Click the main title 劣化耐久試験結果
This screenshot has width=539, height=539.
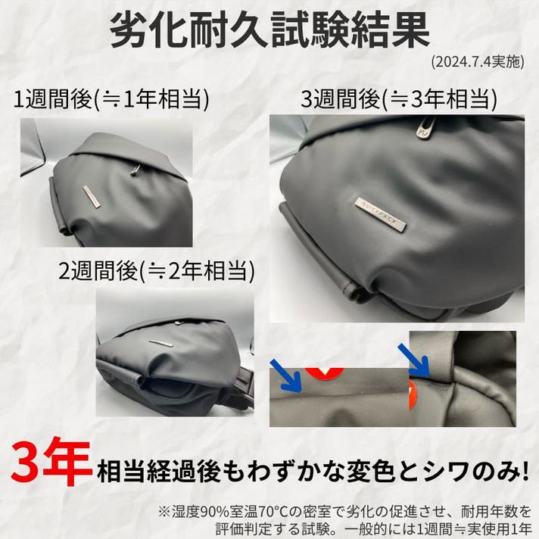coord(269,30)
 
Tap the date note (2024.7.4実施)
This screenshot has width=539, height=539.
coord(478,62)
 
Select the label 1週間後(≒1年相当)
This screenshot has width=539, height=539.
coord(111,99)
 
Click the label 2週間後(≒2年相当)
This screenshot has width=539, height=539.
coord(157,271)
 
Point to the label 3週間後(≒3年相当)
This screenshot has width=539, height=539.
coord(399,99)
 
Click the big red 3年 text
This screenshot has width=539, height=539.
coord(51,462)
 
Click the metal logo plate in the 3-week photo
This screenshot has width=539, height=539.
coord(380,214)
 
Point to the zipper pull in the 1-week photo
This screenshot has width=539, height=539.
coord(136,170)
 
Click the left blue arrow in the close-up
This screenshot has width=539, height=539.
coord(286,375)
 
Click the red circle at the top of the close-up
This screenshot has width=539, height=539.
coord(325,372)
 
